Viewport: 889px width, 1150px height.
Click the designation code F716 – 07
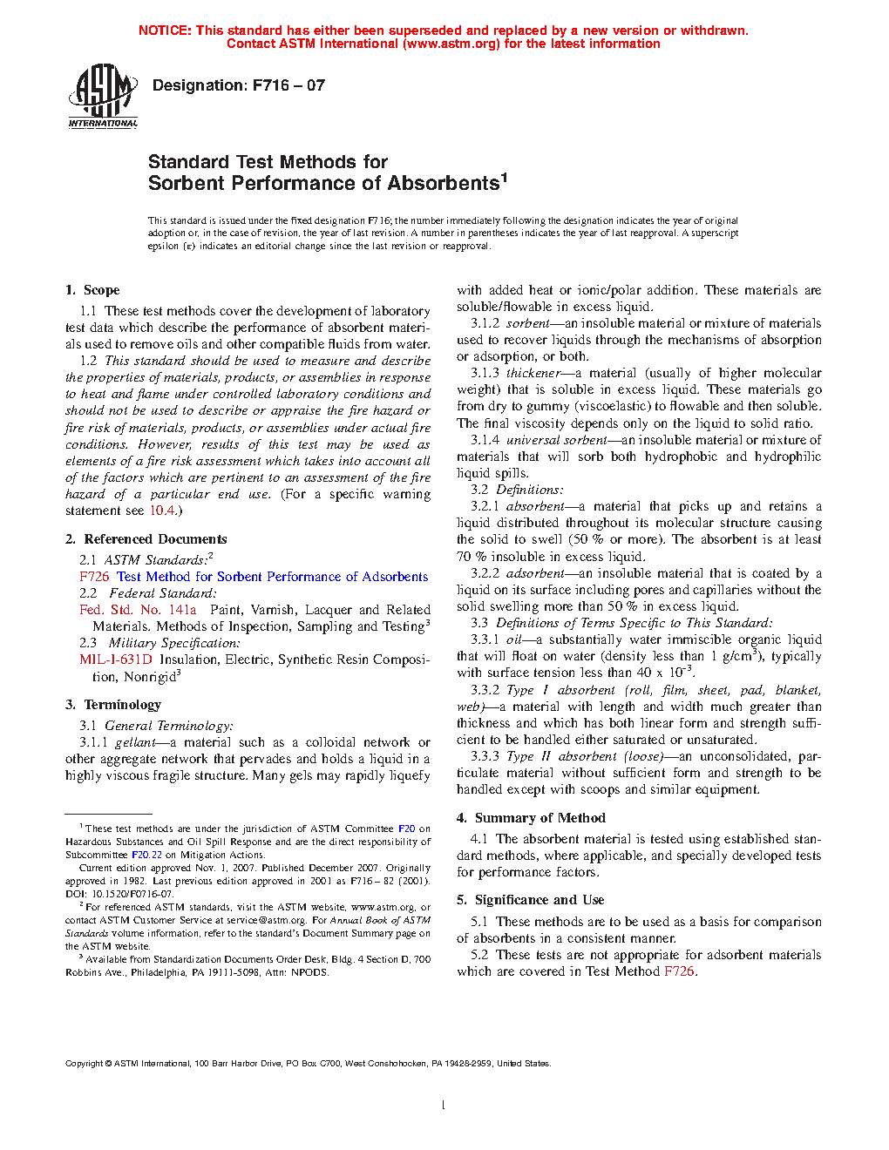[x=288, y=85]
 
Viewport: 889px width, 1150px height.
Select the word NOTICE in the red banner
[x=165, y=30]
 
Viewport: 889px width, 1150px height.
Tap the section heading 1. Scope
[x=92, y=290]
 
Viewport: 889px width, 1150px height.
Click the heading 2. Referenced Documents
[x=146, y=539]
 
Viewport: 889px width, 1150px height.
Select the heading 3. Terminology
[x=113, y=705]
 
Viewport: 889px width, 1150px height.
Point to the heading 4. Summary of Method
[x=531, y=818]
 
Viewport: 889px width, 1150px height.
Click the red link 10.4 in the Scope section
[x=162, y=511]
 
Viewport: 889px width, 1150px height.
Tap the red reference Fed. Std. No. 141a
[x=138, y=610]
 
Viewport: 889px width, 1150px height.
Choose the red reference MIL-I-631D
[x=116, y=660]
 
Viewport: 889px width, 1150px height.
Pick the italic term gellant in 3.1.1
[x=135, y=742]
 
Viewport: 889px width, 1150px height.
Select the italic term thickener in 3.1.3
[x=533, y=373]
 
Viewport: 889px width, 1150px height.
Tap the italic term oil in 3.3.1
[x=513, y=639]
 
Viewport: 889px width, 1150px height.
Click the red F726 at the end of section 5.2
[x=679, y=971]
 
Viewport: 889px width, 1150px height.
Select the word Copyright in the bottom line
[x=85, y=1064]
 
